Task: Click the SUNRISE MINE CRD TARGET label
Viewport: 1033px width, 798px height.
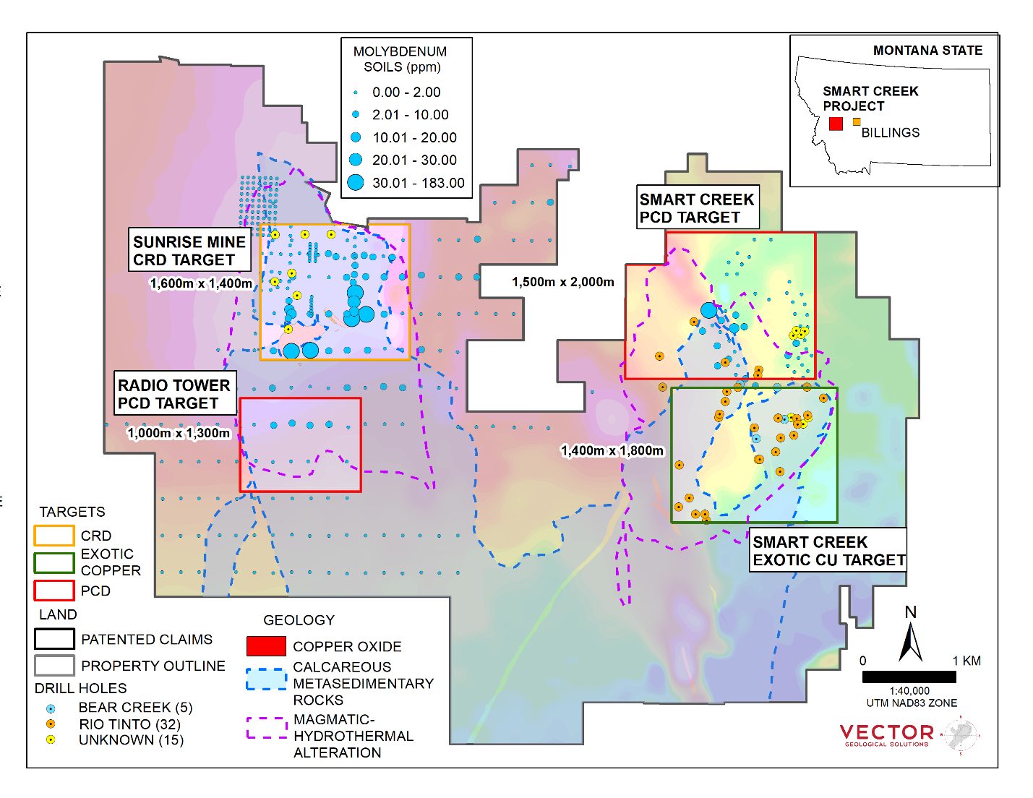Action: pyautogui.click(x=189, y=251)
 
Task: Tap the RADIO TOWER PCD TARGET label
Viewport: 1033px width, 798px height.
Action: pyautogui.click(x=175, y=394)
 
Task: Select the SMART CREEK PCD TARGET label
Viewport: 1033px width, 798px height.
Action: pyautogui.click(x=697, y=208)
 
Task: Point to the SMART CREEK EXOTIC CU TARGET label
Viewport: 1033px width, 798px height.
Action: pyautogui.click(x=828, y=551)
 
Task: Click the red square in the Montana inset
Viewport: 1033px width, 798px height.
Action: pyautogui.click(x=836, y=124)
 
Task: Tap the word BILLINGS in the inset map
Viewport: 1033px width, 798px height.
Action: pyautogui.click(x=890, y=133)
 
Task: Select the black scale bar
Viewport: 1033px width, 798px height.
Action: pyautogui.click(x=909, y=677)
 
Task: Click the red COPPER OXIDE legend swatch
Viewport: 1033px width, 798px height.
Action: pyautogui.click(x=266, y=646)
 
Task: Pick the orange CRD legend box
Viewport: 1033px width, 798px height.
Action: pyautogui.click(x=53, y=536)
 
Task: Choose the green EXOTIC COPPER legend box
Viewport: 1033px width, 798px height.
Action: pyautogui.click(x=53, y=562)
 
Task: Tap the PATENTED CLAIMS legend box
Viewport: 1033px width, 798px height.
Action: pyautogui.click(x=53, y=639)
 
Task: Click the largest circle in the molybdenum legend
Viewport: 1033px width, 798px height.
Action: pyautogui.click(x=356, y=183)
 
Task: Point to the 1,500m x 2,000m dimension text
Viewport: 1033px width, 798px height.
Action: pyautogui.click(x=563, y=282)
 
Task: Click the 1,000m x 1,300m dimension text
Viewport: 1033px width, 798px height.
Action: pyautogui.click(x=179, y=433)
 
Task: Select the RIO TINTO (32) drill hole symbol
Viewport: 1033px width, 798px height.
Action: pyautogui.click(x=50, y=724)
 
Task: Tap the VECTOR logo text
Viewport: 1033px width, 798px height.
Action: pyautogui.click(x=886, y=733)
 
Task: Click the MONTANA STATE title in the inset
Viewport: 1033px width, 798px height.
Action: pyautogui.click(x=927, y=51)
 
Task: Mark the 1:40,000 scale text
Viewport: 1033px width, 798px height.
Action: pyautogui.click(x=909, y=691)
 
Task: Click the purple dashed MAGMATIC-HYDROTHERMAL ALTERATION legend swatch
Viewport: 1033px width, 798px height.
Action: pyautogui.click(x=267, y=728)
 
